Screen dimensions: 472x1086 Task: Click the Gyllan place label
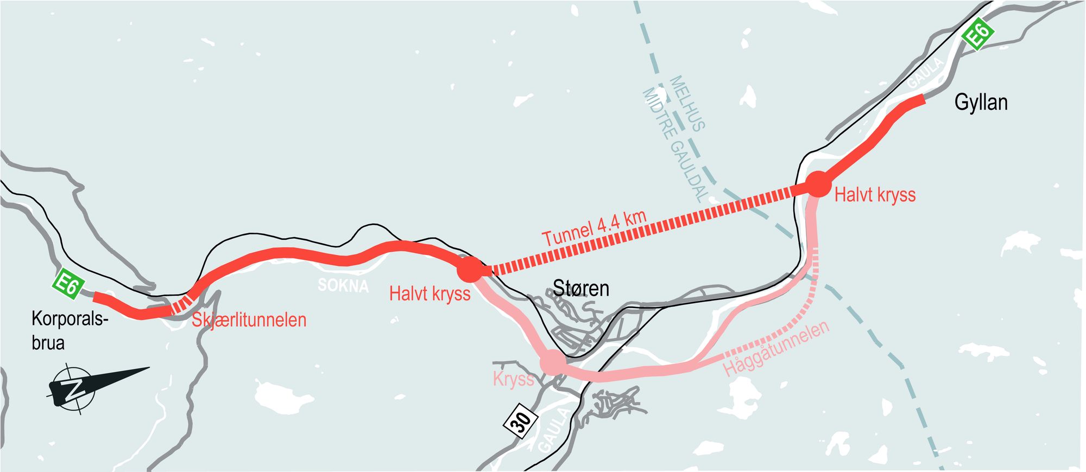pos(981,102)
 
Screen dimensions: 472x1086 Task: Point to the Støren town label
pos(580,288)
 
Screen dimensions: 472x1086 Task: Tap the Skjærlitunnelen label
pos(249,320)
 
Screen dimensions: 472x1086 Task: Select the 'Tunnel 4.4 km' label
pos(595,228)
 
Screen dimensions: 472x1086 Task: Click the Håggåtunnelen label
pos(776,348)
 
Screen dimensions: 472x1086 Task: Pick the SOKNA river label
pos(343,285)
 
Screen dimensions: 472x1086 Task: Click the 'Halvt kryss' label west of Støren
pos(430,294)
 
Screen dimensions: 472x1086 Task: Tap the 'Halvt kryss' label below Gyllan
pos(875,195)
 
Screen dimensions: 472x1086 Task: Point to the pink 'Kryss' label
pos(513,379)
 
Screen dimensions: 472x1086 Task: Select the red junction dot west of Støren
pos(469,270)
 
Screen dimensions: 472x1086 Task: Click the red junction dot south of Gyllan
pos(817,184)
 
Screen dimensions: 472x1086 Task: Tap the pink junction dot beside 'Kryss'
pos(552,362)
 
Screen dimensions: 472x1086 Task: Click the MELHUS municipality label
pos(687,104)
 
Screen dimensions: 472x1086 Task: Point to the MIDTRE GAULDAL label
pos(673,144)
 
